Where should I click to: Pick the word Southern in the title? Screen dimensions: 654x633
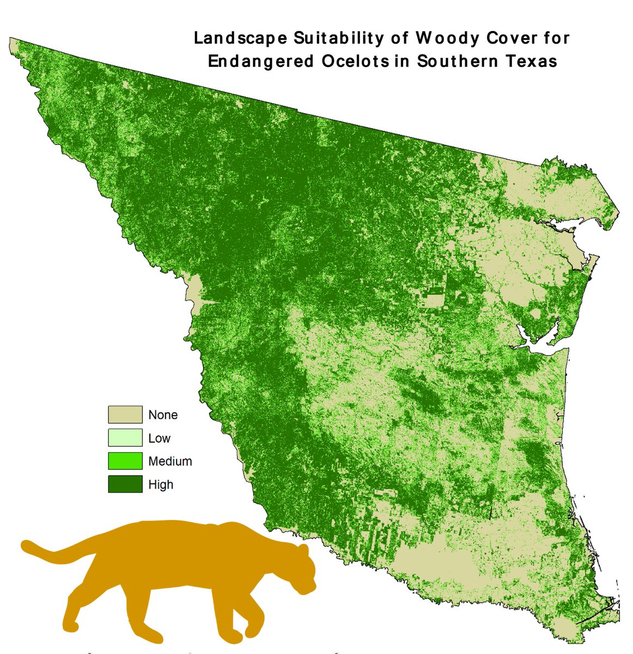[456, 61]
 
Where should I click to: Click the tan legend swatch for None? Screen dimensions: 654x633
[125, 415]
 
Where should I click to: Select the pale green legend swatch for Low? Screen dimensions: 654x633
[125, 438]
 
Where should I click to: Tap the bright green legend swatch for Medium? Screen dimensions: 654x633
[125, 461]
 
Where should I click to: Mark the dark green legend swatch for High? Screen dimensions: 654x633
[125, 484]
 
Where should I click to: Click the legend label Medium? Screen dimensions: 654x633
[170, 461]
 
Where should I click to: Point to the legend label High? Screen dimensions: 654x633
[161, 484]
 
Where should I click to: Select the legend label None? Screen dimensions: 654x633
[163, 415]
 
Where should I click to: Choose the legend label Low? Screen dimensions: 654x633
[159, 438]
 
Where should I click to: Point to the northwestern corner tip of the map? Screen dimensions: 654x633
[11, 39]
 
